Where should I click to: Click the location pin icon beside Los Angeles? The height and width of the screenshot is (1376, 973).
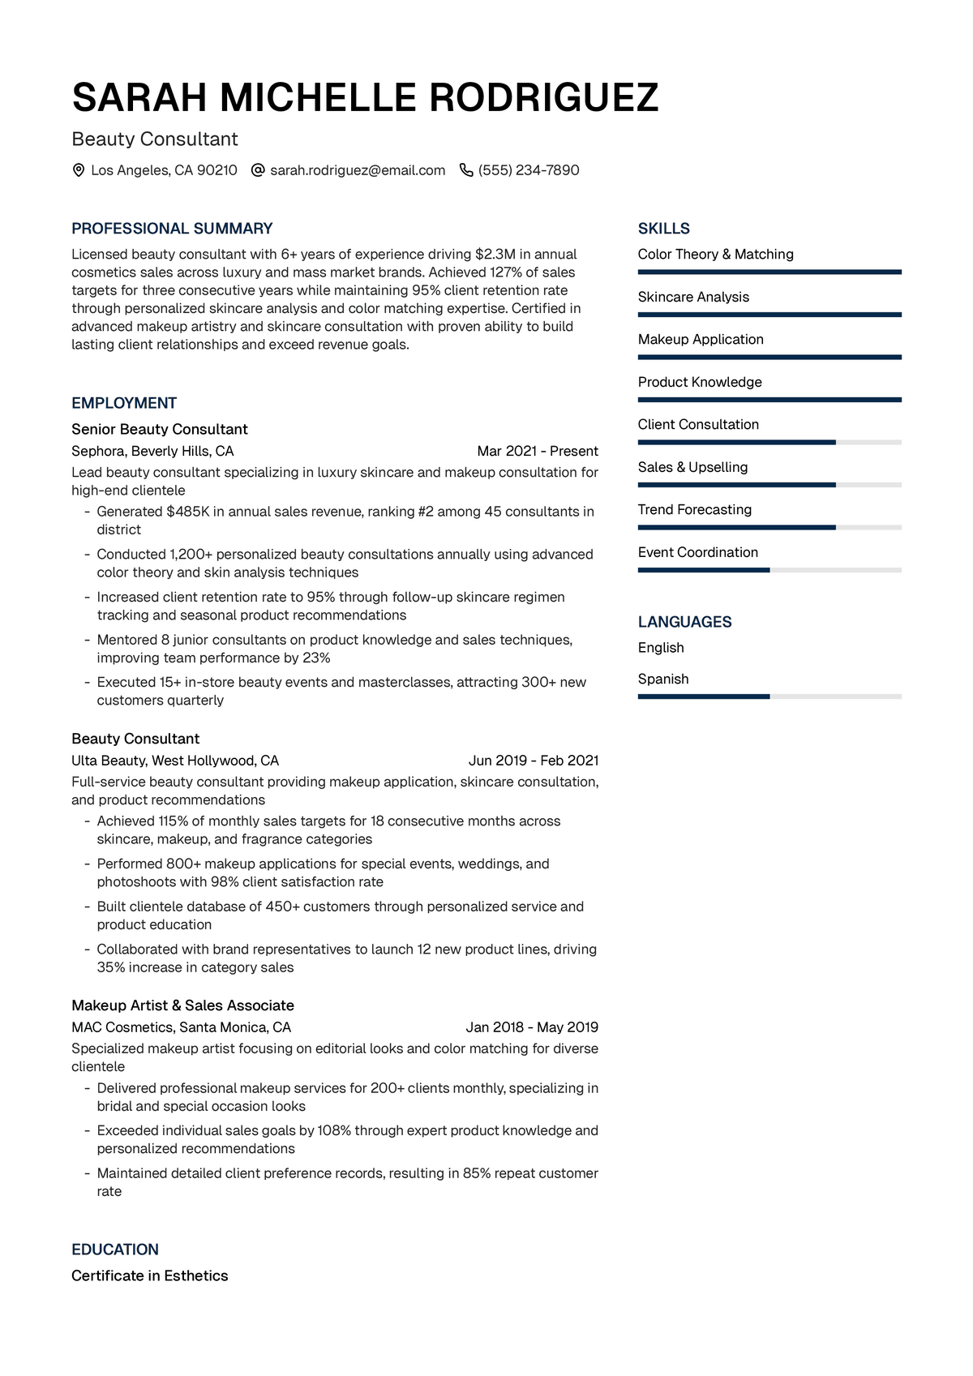point(79,170)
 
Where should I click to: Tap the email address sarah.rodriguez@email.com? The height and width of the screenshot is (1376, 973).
point(358,170)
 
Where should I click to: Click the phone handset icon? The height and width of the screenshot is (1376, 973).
point(466,170)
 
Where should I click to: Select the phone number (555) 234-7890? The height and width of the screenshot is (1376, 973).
point(529,170)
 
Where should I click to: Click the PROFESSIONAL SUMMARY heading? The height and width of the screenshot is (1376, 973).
point(172,229)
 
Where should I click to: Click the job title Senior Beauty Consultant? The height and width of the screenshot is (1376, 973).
point(160,429)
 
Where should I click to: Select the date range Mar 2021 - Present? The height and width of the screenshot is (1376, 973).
point(538,451)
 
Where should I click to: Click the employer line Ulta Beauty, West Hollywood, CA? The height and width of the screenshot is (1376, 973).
point(175,761)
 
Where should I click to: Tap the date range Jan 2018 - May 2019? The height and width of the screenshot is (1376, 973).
point(532,1027)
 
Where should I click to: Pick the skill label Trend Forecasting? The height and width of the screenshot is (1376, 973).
point(695,509)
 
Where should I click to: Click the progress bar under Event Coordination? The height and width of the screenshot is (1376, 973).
point(769,570)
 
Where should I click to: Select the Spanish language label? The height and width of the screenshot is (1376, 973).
point(663,679)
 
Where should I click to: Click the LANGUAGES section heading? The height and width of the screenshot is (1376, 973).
point(684,622)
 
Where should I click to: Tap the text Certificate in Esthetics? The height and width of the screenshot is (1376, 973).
point(150,1275)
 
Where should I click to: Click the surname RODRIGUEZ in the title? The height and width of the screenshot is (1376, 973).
point(543,97)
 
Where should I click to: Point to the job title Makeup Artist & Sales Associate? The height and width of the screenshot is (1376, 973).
point(182,1005)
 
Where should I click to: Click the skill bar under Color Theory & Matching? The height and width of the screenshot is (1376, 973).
point(769,272)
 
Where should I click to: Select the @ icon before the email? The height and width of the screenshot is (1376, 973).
point(258,170)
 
